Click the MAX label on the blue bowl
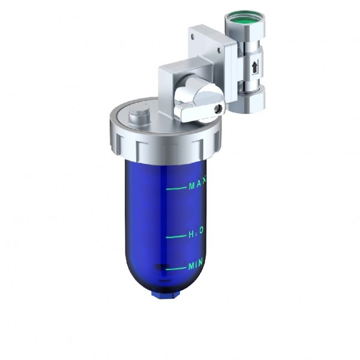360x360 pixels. (197, 186)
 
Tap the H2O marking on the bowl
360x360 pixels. (196, 231)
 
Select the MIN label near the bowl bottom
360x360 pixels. (196, 265)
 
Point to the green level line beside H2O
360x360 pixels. (176, 236)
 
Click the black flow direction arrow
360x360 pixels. (255, 67)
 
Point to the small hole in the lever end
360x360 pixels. (220, 109)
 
